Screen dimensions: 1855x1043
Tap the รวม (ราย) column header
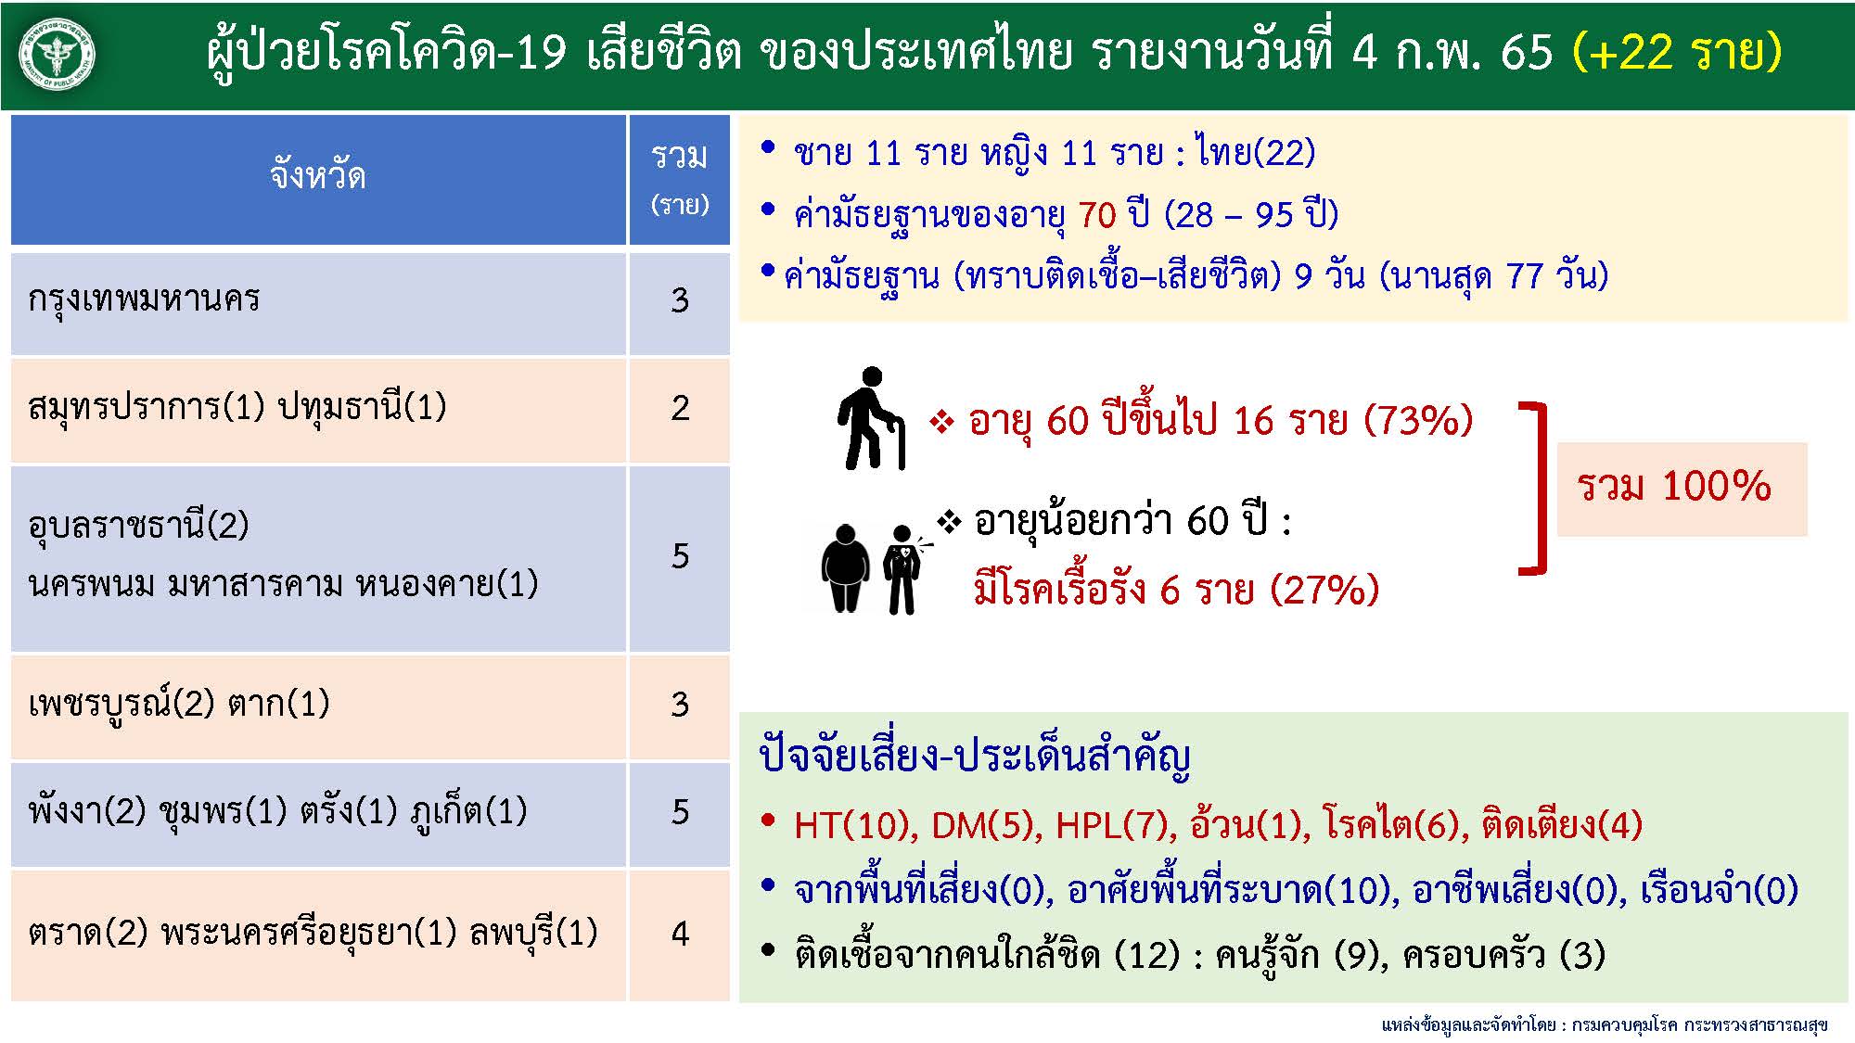point(680,179)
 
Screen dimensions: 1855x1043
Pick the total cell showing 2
point(680,409)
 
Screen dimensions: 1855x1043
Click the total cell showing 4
point(680,934)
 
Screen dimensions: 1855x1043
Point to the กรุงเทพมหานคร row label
point(144,299)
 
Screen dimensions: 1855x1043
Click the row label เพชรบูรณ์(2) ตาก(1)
point(179,705)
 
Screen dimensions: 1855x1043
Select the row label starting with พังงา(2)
point(277,812)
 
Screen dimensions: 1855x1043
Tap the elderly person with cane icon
point(870,418)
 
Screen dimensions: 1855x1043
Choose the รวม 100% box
point(1682,489)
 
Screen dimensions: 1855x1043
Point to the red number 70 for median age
point(1097,215)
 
